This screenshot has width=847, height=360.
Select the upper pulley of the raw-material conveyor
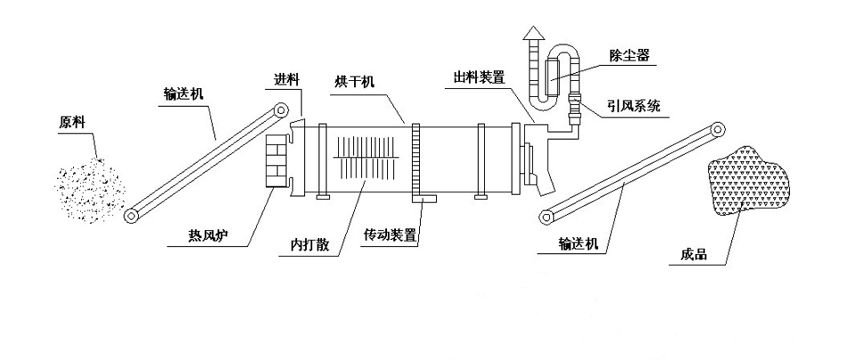coord(281,110)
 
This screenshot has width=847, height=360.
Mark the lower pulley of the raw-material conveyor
coord(134,216)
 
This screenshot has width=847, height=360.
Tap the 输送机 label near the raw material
coord(186,92)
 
